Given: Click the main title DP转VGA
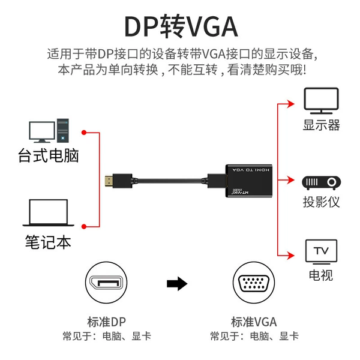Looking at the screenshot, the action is (181, 26).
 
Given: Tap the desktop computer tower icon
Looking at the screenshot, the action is (63, 131).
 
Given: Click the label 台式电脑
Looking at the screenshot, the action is (49, 155).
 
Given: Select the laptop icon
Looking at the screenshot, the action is (49, 213).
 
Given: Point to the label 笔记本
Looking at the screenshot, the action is (48, 242).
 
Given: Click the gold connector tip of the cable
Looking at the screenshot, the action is (109, 181).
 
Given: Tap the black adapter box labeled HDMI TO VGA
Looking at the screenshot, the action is (249, 181).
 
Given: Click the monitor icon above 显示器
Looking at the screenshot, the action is (321, 101).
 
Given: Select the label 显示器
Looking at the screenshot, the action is (321, 125).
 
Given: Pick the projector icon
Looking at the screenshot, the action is (322, 183).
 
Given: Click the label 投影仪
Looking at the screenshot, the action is (321, 202).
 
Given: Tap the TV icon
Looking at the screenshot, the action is (322, 251).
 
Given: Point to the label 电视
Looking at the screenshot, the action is (321, 275).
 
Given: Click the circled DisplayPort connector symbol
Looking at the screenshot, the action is (106, 283).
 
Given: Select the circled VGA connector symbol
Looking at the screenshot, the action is (254, 283).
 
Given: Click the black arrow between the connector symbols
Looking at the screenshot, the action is (177, 284).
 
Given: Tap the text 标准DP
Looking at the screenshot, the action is (107, 322).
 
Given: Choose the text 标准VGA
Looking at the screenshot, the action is (254, 322).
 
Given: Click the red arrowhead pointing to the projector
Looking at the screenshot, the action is (290, 180).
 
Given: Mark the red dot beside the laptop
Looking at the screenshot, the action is (84, 227).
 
